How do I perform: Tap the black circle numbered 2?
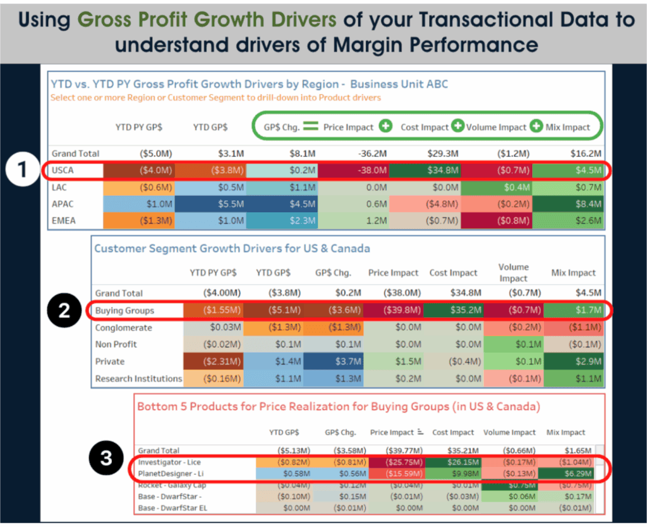pyautogui.click(x=65, y=310)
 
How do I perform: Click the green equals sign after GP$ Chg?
pyautogui.click(x=310, y=126)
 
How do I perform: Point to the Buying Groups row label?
pyautogui.click(x=124, y=310)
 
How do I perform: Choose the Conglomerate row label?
pyautogui.click(x=124, y=327)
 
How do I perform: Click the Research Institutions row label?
pyautogui.click(x=138, y=379)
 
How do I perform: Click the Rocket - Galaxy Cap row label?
pyautogui.click(x=172, y=485)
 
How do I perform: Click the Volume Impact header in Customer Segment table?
pyautogui.click(x=513, y=272)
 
